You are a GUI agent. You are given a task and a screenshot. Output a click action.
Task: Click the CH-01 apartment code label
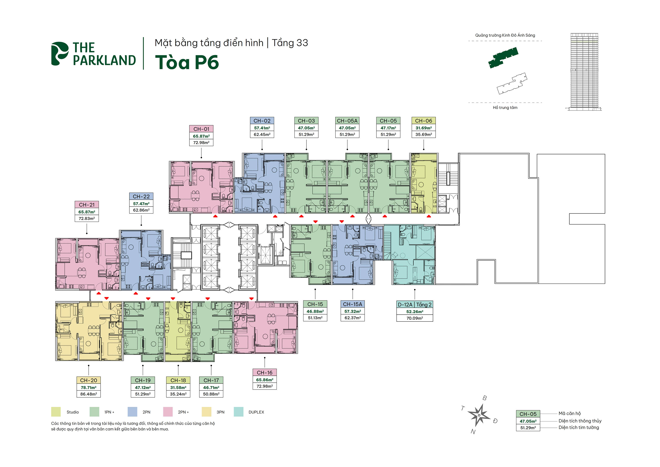pos(201,129)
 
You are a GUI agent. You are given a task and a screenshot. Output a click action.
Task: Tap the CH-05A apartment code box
pos(347,121)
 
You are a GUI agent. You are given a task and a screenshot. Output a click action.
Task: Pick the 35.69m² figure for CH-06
pos(423,134)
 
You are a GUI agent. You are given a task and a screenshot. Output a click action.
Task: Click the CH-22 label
pos(141,197)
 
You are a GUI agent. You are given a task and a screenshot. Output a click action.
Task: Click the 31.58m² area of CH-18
pos(178,388)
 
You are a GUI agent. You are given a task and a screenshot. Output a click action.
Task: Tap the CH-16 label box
pos(264,372)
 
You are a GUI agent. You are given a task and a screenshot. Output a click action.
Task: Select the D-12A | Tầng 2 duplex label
pos(414,305)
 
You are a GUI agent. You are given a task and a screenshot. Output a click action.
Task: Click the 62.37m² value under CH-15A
pos(352,318)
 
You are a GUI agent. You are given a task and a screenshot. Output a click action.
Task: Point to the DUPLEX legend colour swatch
pos(238,412)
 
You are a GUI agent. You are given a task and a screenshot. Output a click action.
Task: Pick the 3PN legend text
pos(220,412)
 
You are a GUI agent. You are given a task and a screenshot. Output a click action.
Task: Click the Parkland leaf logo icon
pos(59,54)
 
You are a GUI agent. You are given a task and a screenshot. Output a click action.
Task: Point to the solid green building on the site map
pos(503,57)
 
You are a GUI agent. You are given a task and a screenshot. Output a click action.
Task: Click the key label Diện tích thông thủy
pos(580,421)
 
